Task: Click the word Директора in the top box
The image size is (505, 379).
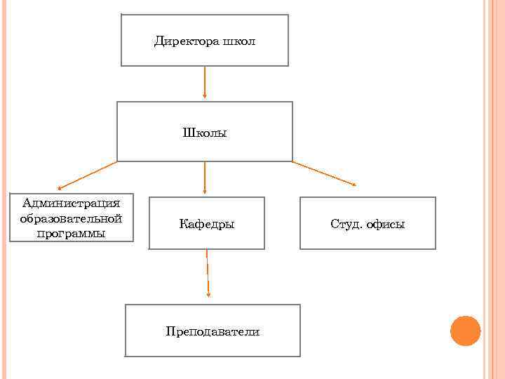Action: pyautogui.click(x=186, y=41)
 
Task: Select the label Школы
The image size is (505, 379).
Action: pyautogui.click(x=205, y=132)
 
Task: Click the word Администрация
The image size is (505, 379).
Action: pyautogui.click(x=71, y=204)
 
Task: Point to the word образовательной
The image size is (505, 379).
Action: pyautogui.click(x=71, y=218)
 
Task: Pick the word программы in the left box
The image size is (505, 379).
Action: pyautogui.click(x=71, y=233)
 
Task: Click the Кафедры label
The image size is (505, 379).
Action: pyautogui.click(x=207, y=225)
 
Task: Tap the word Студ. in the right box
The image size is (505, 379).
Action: pyautogui.click(x=345, y=225)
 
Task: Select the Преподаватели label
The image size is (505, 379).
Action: pyautogui.click(x=213, y=331)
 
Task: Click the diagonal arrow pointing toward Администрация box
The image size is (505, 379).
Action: pyautogui.click(x=88, y=175)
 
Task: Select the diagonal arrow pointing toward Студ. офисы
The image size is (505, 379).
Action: pyautogui.click(x=323, y=173)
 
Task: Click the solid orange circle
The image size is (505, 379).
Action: pyautogui.click(x=465, y=331)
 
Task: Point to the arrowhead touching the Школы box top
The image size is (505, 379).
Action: pyautogui.click(x=204, y=98)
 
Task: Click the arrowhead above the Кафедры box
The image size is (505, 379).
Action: pyautogui.click(x=204, y=191)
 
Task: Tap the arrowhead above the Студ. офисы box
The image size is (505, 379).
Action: pyautogui.click(x=353, y=185)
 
